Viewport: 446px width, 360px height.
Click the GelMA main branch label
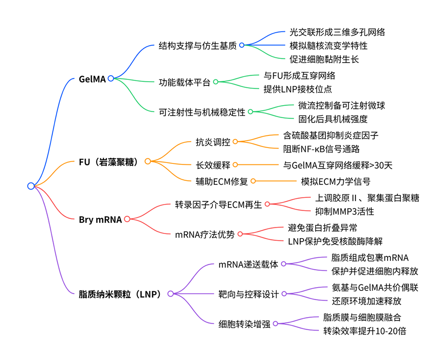(92, 79)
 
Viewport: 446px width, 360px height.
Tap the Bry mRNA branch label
(100, 219)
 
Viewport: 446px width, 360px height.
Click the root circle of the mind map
(31, 186)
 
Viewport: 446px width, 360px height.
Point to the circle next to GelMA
(111, 78)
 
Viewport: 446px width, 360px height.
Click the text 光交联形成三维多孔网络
(338, 32)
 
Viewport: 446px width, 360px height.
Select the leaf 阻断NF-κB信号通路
(321, 149)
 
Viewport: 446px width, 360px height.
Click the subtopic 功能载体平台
(184, 82)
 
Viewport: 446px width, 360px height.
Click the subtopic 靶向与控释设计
(248, 294)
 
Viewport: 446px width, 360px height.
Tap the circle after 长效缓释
(235, 164)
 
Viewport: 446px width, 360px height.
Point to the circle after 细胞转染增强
(276, 324)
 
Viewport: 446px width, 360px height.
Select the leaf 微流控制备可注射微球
(342, 106)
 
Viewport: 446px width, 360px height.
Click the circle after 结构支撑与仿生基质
(241, 45)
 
